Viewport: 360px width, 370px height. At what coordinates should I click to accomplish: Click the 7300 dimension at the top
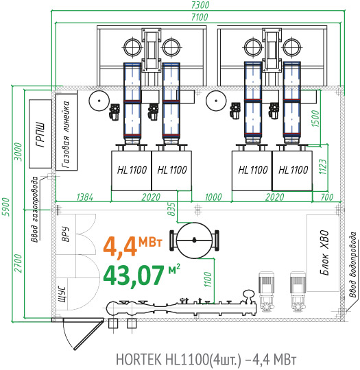pos(200,5)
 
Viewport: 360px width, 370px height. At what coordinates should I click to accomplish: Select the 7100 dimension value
pos(200,16)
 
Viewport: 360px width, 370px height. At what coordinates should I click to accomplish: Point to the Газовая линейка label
pos(66,135)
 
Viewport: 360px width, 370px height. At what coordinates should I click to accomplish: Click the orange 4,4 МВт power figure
pos(132,246)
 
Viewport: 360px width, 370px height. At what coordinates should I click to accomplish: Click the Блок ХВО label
pos(324,253)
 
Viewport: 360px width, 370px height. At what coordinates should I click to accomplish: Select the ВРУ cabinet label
pos(65,234)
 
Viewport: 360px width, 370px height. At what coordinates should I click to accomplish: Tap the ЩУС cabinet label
pos(62,294)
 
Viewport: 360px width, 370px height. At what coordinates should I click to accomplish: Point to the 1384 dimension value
pos(85,197)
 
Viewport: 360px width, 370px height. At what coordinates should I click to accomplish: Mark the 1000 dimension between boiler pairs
pos(213,197)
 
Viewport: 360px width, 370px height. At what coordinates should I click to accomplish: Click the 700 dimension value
pos(327,197)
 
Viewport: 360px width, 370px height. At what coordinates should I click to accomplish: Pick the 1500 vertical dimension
pos(316,119)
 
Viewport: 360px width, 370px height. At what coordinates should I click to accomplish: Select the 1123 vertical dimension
pos(323,166)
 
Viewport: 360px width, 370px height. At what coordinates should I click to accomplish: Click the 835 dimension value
pos(171,208)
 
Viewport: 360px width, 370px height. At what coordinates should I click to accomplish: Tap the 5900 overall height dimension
pos(6,207)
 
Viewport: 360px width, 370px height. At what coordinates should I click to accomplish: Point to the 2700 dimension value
pos(19,263)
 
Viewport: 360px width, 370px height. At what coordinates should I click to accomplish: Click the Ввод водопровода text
pos(353,264)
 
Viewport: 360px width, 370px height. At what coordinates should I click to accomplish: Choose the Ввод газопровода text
pos(35,209)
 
